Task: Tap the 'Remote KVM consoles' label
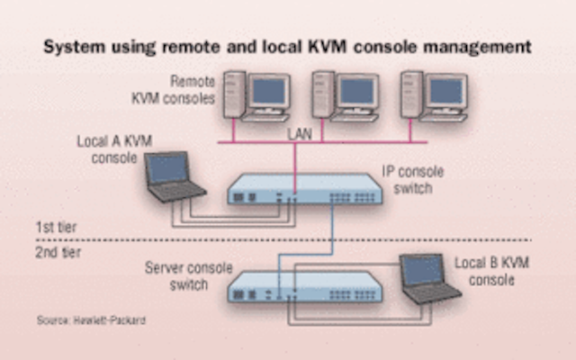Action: coord(174,90)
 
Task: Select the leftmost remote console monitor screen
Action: coord(269,91)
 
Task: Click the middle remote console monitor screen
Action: coord(357,91)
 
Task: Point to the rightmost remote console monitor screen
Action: coord(446,91)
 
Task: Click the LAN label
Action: coord(300,134)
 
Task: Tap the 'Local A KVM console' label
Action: coord(114,149)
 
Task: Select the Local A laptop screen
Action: coord(168,168)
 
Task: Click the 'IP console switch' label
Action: coord(413,180)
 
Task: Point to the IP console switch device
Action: coord(304,189)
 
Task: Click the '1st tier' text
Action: coord(56,227)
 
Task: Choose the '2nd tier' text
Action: coord(58,252)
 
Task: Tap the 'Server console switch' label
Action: coord(189,276)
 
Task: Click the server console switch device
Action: coord(304,287)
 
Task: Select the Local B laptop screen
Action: coord(422,270)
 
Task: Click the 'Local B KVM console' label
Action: coord(492,271)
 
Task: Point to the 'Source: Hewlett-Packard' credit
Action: coord(91,320)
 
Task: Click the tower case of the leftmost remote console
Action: coord(234,94)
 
